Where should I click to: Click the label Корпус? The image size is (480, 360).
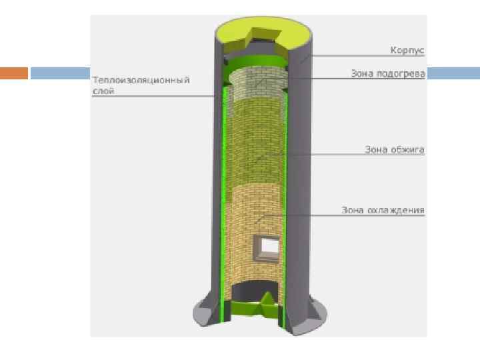407,51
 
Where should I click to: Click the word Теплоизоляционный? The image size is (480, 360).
141,80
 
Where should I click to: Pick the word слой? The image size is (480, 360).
103,91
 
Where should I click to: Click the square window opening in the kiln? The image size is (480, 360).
269,246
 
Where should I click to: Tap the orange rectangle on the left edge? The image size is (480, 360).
14,73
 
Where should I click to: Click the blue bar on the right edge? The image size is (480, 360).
453,73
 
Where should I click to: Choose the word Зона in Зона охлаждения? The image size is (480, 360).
353,211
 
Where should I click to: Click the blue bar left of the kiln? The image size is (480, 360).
60,73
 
